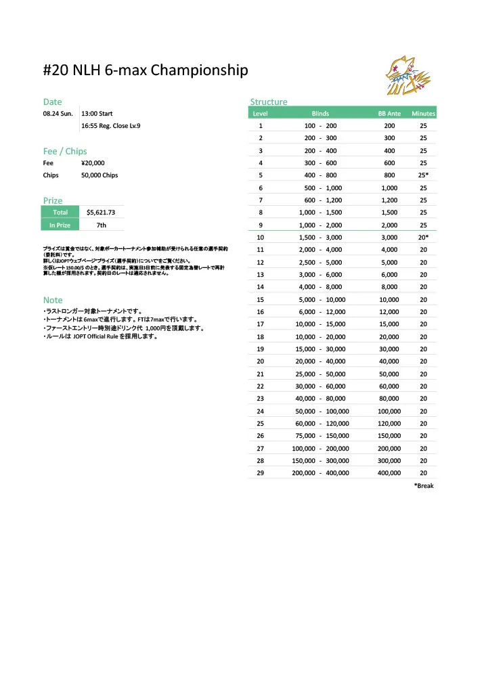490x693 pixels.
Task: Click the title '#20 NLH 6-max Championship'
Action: click(x=146, y=70)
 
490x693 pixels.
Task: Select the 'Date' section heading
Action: click(x=53, y=102)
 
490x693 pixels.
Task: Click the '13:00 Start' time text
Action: click(x=97, y=113)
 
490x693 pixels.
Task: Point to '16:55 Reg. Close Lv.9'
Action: click(x=111, y=126)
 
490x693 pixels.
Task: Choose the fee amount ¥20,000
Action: click(x=93, y=163)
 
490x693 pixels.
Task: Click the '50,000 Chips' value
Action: click(x=99, y=175)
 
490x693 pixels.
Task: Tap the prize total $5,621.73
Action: click(x=102, y=213)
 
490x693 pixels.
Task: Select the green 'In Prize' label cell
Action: click(x=61, y=225)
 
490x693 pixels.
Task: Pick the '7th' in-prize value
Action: click(x=102, y=225)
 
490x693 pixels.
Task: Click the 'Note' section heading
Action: click(x=53, y=300)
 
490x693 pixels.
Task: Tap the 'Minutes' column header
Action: click(x=424, y=114)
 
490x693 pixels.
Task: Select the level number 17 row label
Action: click(x=261, y=324)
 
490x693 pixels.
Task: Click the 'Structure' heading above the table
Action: click(x=269, y=102)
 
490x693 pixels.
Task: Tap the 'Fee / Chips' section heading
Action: click(x=65, y=151)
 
